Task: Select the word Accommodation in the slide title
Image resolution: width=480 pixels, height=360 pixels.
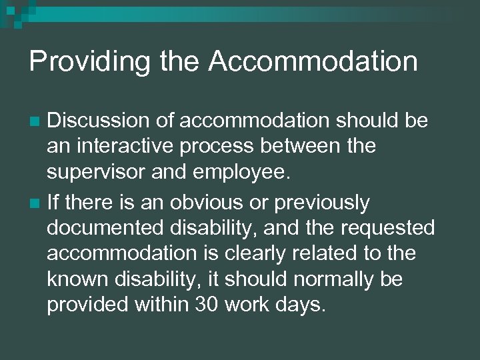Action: [313, 61]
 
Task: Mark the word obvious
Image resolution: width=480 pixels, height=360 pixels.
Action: [203, 201]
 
